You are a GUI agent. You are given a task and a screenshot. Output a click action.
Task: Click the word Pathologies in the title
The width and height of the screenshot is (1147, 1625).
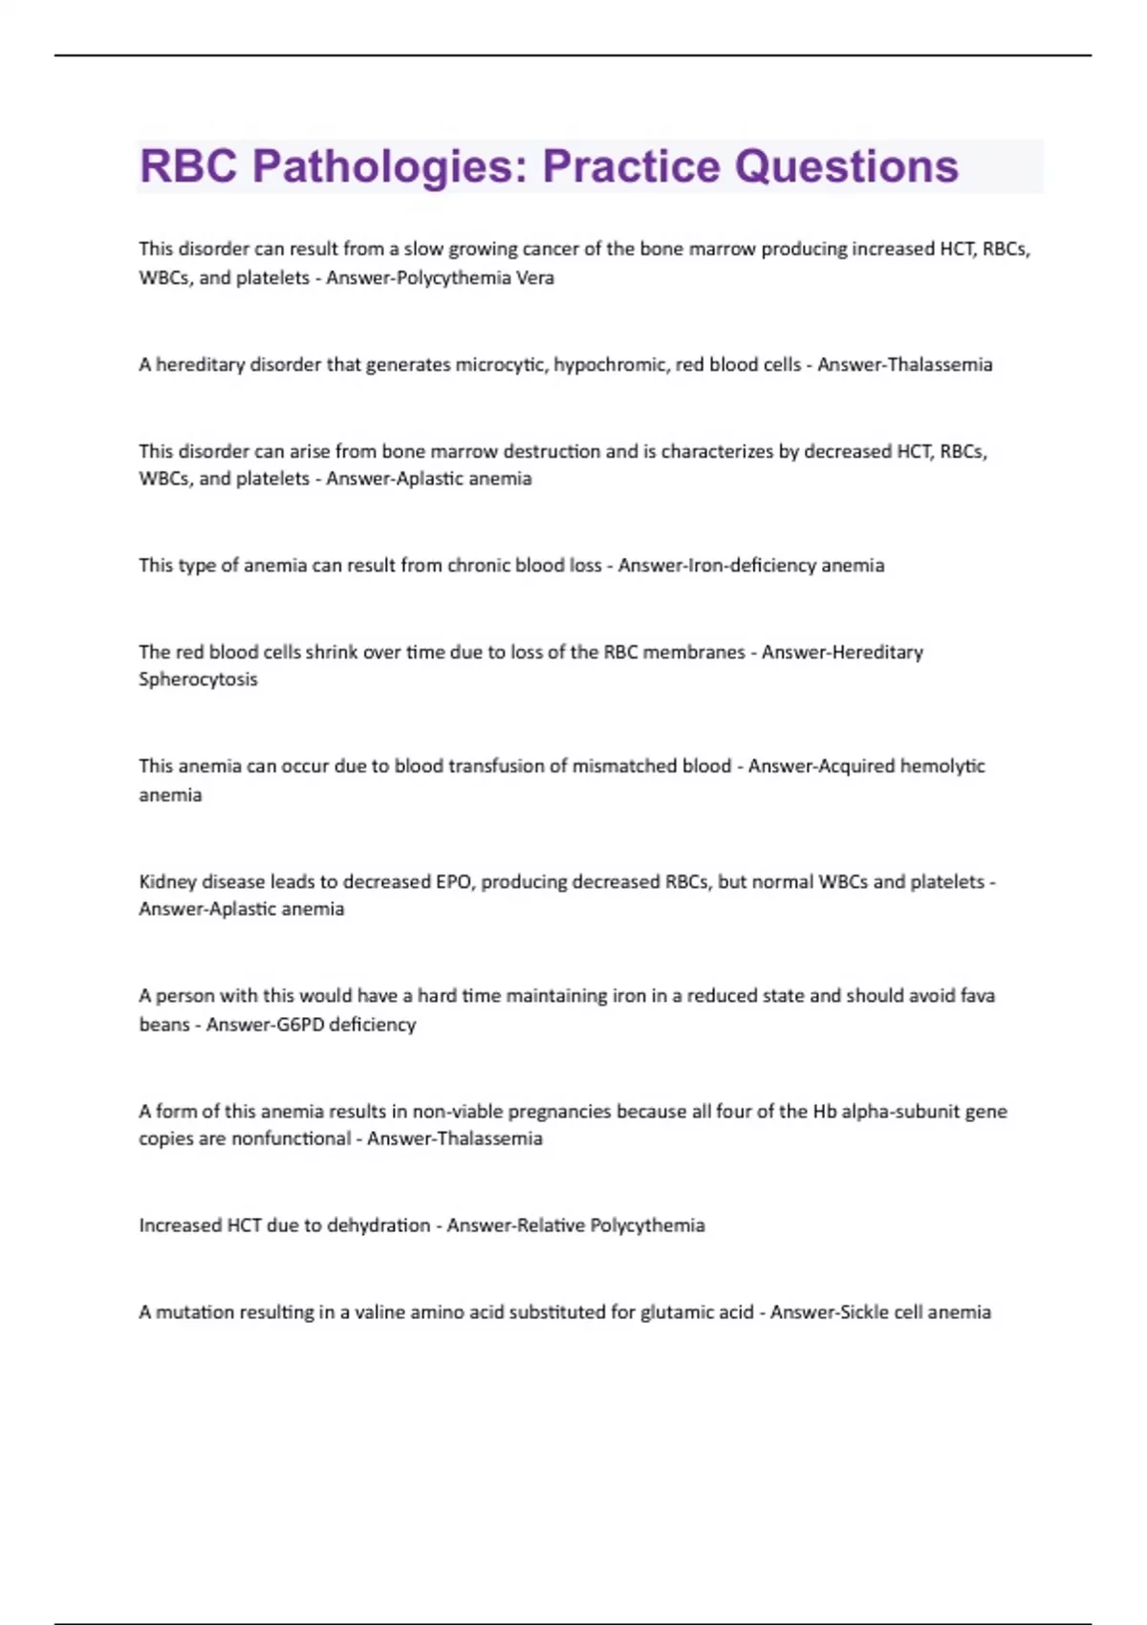click(x=382, y=166)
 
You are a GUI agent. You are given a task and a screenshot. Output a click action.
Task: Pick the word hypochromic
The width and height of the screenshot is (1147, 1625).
click(x=611, y=365)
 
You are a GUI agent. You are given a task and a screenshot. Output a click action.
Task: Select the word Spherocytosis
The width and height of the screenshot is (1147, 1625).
click(x=198, y=680)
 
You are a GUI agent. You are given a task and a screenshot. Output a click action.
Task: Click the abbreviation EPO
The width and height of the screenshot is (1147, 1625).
click(x=453, y=882)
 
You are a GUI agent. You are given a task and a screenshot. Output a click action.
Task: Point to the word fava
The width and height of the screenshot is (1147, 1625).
click(x=977, y=996)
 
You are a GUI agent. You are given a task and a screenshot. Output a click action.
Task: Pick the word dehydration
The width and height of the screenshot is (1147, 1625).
click(x=379, y=1225)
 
